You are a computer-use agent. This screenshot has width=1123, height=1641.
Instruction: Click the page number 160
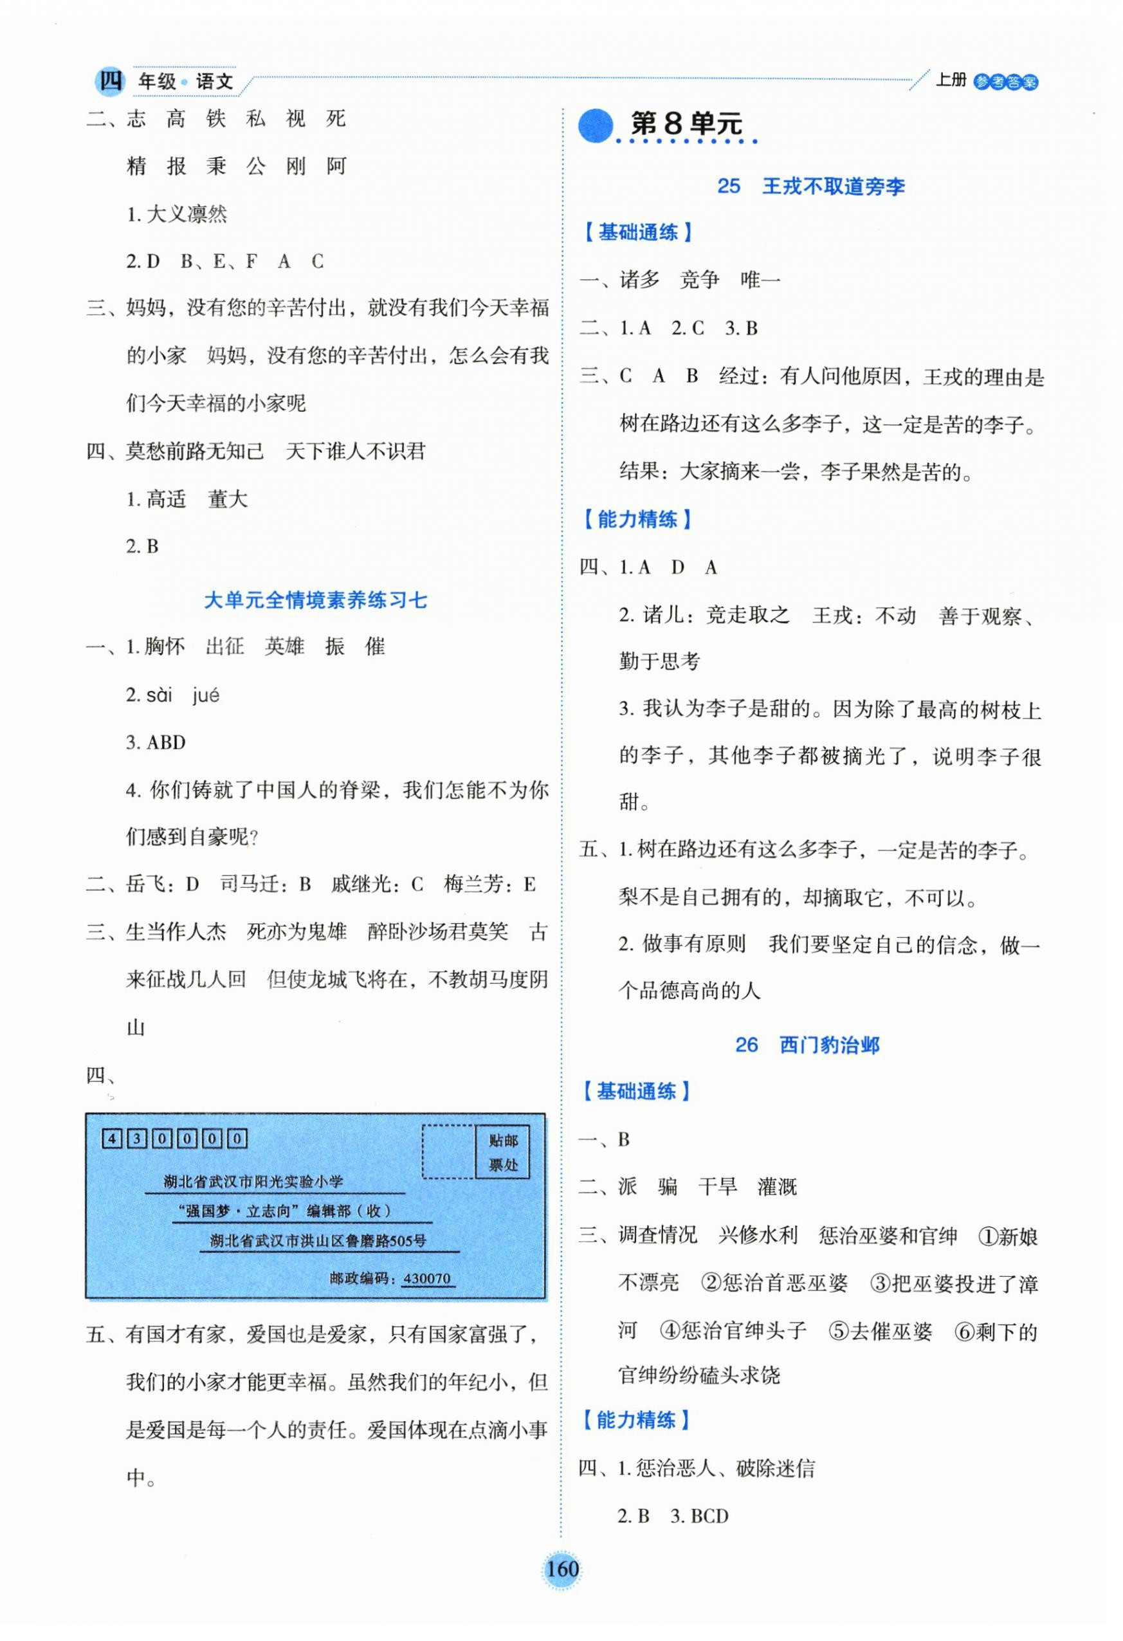tap(562, 1569)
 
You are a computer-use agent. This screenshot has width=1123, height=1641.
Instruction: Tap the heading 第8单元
tap(686, 124)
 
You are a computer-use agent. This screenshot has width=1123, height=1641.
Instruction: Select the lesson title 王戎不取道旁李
tap(833, 187)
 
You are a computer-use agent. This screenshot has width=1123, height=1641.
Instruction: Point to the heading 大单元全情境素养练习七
tap(316, 600)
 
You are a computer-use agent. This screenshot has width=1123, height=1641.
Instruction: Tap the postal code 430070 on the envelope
tap(426, 1278)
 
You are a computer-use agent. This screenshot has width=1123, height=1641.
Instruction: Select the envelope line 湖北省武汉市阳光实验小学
tap(253, 1181)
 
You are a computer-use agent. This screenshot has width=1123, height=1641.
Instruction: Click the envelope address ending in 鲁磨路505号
tap(318, 1241)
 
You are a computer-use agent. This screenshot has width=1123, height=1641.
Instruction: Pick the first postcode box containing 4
tap(111, 1138)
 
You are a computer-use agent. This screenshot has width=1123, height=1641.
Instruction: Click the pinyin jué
tap(205, 695)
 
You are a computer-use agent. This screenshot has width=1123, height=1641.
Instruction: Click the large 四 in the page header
tap(110, 80)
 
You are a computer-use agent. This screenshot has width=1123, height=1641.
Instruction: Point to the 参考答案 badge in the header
tap(1005, 82)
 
